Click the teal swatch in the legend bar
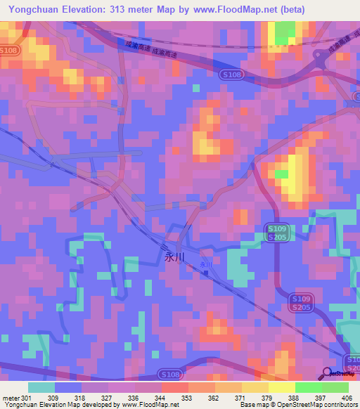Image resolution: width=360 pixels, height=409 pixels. [x=41, y=387]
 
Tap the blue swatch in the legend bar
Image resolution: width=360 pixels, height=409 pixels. [x=67, y=387]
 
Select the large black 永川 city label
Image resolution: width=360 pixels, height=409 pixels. [x=174, y=257]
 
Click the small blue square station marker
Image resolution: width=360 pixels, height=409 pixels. [x=207, y=274]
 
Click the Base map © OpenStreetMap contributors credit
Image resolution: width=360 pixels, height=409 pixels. [x=298, y=405]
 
